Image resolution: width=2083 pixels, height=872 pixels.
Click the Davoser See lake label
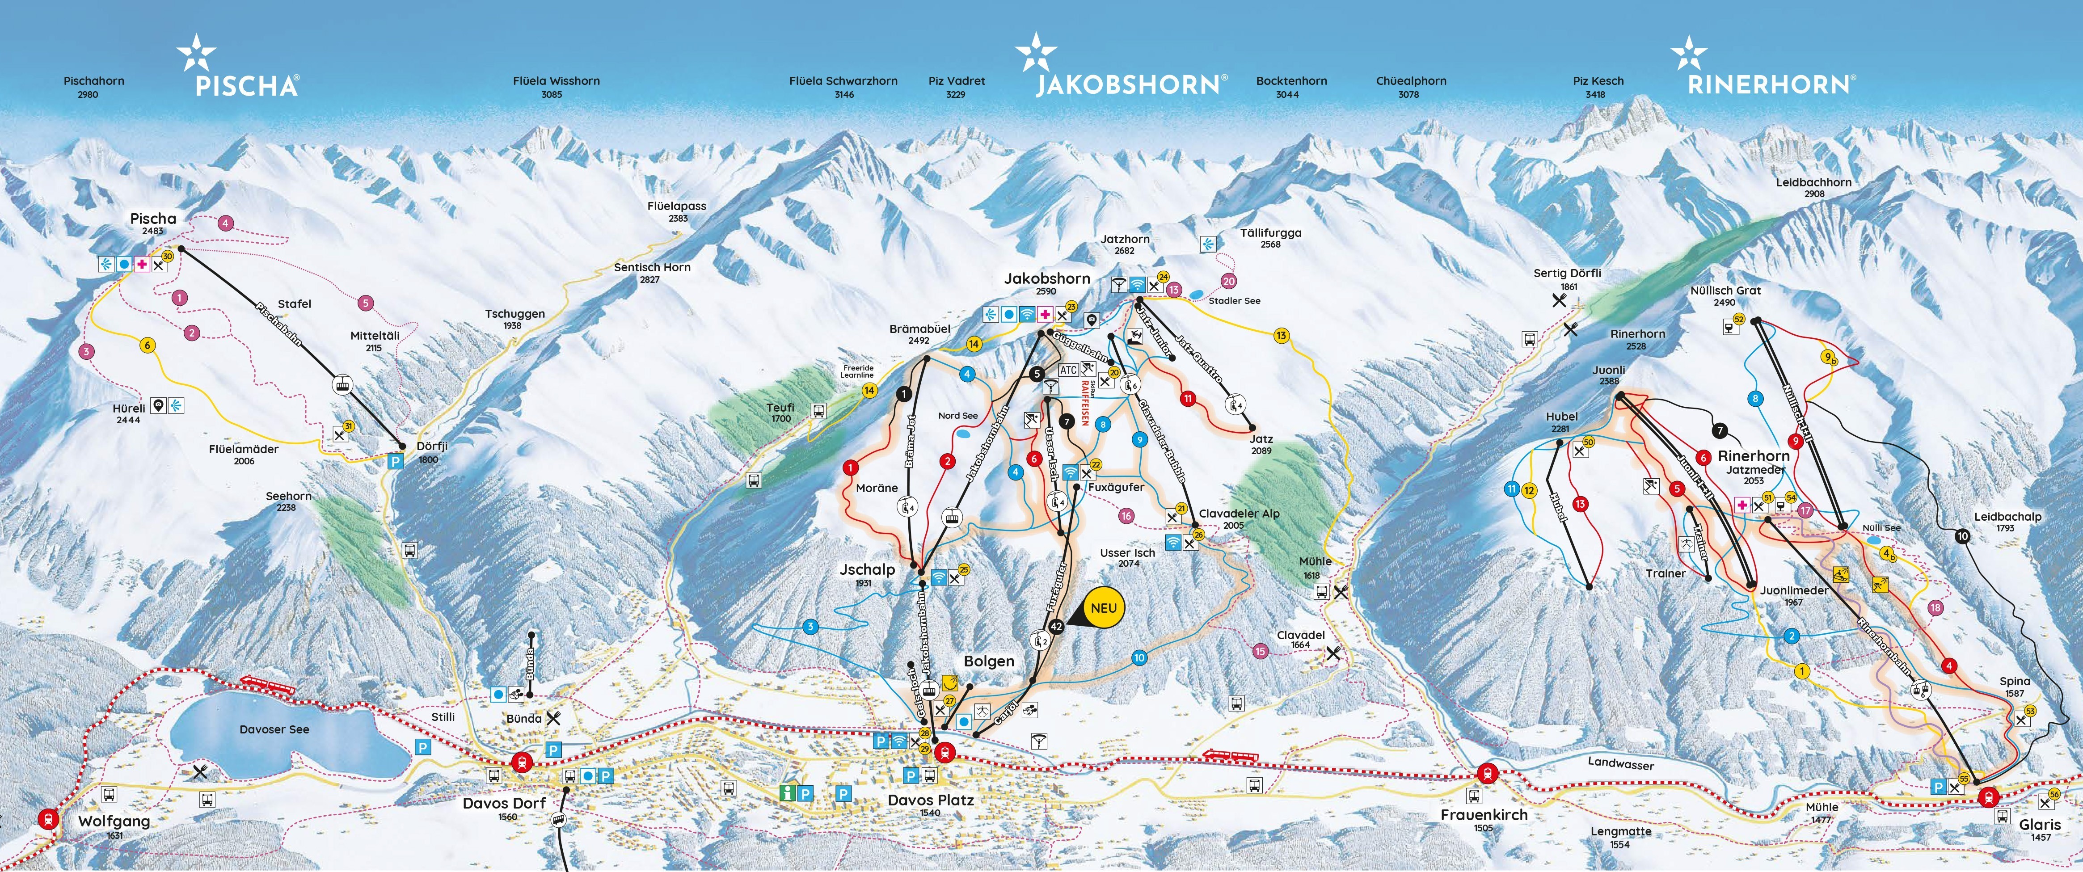click(x=274, y=729)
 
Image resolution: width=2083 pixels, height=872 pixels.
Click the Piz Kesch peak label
click(x=1598, y=81)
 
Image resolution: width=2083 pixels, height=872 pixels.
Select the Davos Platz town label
click(x=931, y=800)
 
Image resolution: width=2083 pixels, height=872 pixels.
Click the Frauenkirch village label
click(x=1484, y=815)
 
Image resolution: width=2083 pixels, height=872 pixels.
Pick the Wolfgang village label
click(x=114, y=821)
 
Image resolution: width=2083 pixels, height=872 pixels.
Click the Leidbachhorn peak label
click(x=1814, y=183)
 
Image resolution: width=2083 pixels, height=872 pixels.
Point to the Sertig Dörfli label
click(x=1567, y=274)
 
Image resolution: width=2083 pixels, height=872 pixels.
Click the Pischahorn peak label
click(x=94, y=81)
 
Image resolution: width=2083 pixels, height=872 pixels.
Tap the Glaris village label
click(x=2039, y=824)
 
